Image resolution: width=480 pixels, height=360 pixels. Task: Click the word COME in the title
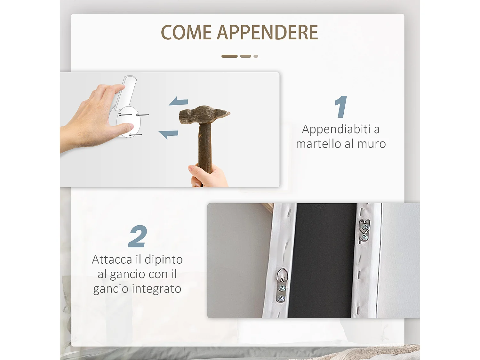click(186, 33)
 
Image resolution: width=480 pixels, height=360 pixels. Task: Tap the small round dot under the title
click(256, 56)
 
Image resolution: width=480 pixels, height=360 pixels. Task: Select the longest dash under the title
click(229, 56)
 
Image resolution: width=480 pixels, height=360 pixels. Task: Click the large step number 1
click(341, 107)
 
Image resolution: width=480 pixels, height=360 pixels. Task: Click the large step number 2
click(138, 236)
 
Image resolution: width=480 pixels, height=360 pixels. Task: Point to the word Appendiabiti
click(336, 130)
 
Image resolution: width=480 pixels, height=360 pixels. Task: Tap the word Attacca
click(112, 260)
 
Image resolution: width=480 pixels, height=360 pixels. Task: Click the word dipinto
click(164, 260)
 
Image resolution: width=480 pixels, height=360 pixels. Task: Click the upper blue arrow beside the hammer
click(179, 102)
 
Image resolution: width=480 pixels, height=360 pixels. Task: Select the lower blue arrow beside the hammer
click(169, 134)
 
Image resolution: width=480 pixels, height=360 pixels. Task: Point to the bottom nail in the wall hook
click(135, 135)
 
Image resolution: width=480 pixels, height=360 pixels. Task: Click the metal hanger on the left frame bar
click(282, 285)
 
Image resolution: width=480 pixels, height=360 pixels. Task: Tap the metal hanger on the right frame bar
click(364, 230)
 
